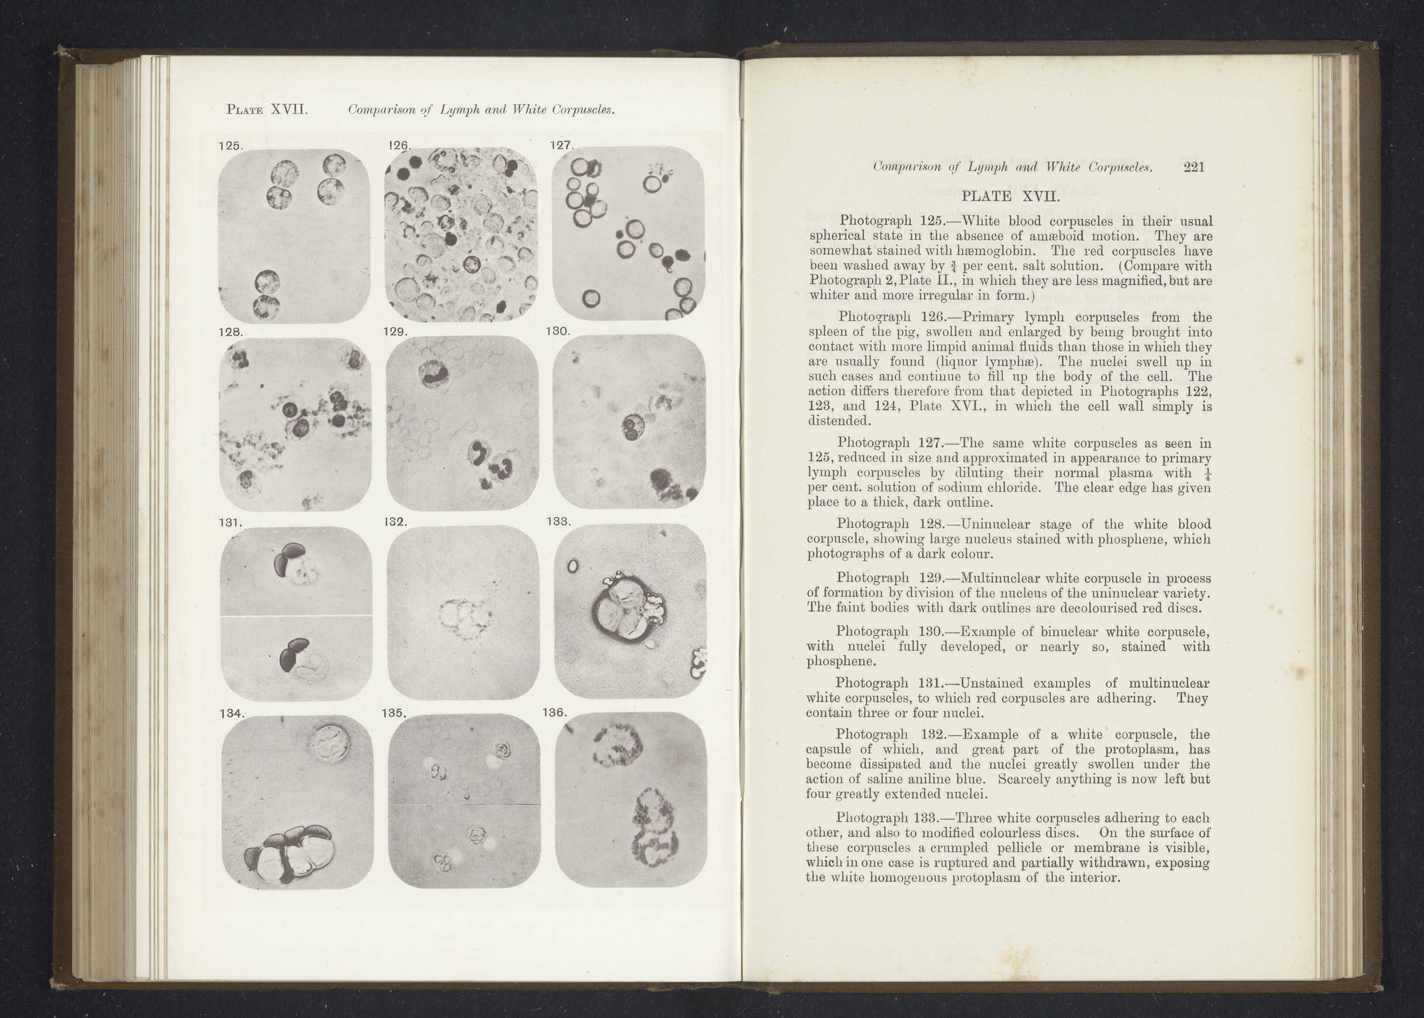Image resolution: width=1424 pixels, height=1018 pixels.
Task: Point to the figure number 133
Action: click(x=558, y=521)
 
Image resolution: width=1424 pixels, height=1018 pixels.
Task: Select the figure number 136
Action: click(x=555, y=713)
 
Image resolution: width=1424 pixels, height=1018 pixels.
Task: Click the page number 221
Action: click(x=1193, y=167)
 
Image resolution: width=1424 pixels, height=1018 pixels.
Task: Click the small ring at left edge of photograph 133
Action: click(x=572, y=567)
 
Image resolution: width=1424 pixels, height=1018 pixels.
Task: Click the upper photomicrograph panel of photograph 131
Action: click(x=296, y=570)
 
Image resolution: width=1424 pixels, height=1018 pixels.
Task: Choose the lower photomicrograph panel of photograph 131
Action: click(x=296, y=658)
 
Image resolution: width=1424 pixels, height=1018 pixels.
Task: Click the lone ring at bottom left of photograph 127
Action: click(x=591, y=299)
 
